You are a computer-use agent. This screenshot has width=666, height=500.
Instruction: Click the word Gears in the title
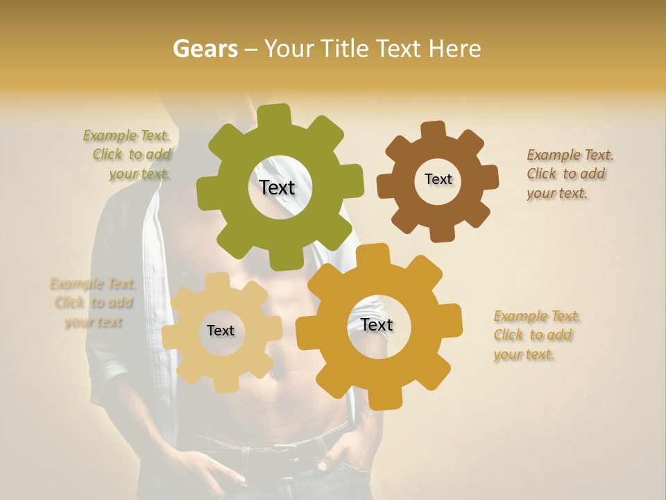click(205, 49)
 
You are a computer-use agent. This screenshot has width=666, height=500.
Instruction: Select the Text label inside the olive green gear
click(277, 187)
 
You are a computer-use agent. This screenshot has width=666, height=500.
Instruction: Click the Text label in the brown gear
click(438, 179)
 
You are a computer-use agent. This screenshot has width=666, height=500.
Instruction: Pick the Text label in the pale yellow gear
click(221, 331)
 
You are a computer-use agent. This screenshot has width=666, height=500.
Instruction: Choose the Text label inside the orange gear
click(377, 324)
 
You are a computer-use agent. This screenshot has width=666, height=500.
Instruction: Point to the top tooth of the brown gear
click(433, 130)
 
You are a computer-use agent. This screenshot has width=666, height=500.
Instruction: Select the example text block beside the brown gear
click(570, 174)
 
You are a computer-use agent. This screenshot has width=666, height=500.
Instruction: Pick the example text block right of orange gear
click(536, 335)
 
